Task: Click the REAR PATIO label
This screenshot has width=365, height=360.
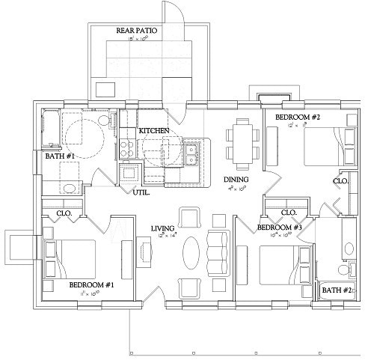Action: pos(137,31)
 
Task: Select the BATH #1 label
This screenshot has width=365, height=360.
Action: pos(59,156)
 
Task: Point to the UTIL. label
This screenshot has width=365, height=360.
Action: pos(141,192)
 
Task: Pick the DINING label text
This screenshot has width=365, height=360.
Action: pos(236,180)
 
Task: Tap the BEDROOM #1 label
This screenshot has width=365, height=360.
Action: pos(92,285)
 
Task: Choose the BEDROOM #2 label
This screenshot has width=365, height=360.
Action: pos(298,118)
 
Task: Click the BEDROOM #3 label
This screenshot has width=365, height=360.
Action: pos(279,228)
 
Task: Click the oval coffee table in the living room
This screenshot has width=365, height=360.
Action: pos(191,253)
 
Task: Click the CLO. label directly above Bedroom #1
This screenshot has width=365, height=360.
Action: pos(64,213)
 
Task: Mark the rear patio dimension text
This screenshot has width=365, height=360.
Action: pos(137,39)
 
